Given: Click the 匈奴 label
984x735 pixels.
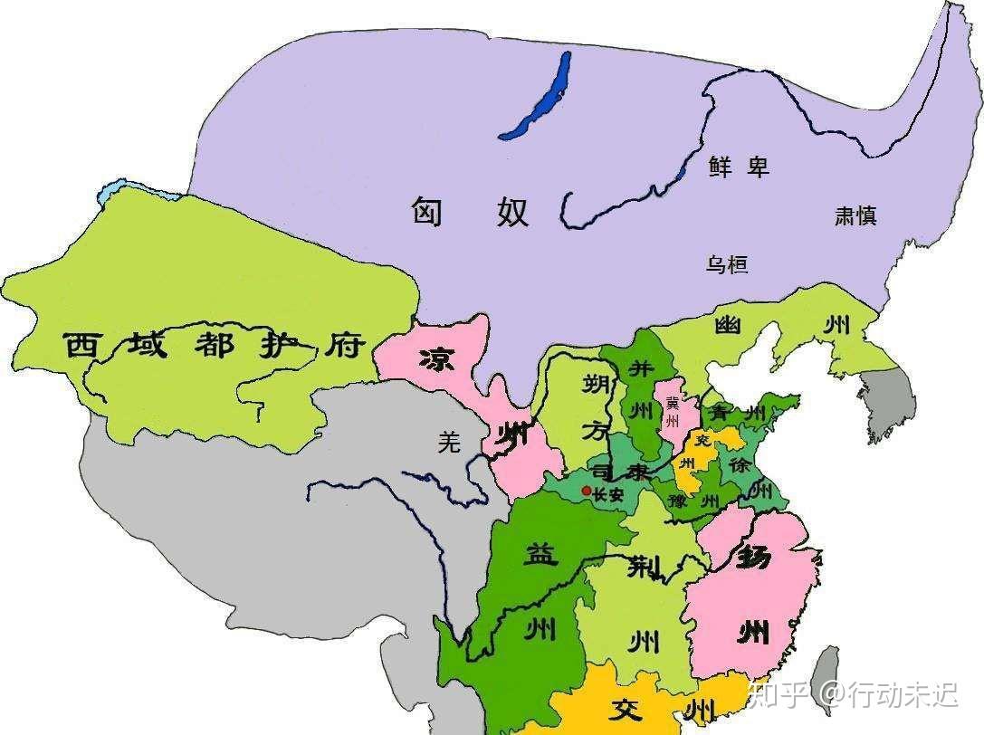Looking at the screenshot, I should pos(470,212).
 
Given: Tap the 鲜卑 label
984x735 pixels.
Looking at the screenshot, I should pos(738,166).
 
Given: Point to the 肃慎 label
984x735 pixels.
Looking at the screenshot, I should pos(855,215).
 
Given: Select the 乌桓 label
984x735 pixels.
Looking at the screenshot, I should pos(727,264).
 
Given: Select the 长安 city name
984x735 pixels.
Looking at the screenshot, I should pos(608,494).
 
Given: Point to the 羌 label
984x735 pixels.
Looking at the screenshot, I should pos(449,442).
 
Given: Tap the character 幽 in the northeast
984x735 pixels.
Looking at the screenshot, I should pos(729,325).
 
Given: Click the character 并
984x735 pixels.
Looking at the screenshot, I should pos(641,368).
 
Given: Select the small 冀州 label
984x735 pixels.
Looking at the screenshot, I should pos(672,411).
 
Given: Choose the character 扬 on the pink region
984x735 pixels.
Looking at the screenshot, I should pos(754,556).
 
